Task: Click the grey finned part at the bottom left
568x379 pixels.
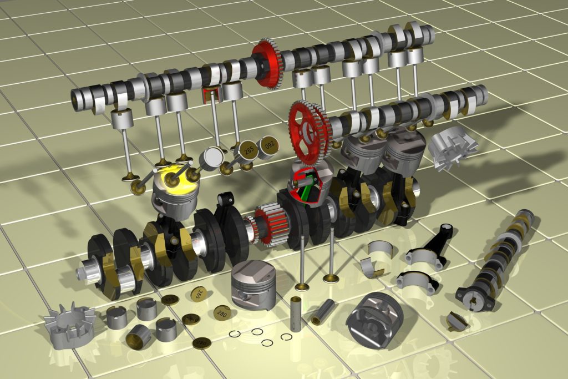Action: click(70, 328)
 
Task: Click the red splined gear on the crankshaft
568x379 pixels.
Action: click(268, 225)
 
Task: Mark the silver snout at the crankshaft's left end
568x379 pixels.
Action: click(87, 272)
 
